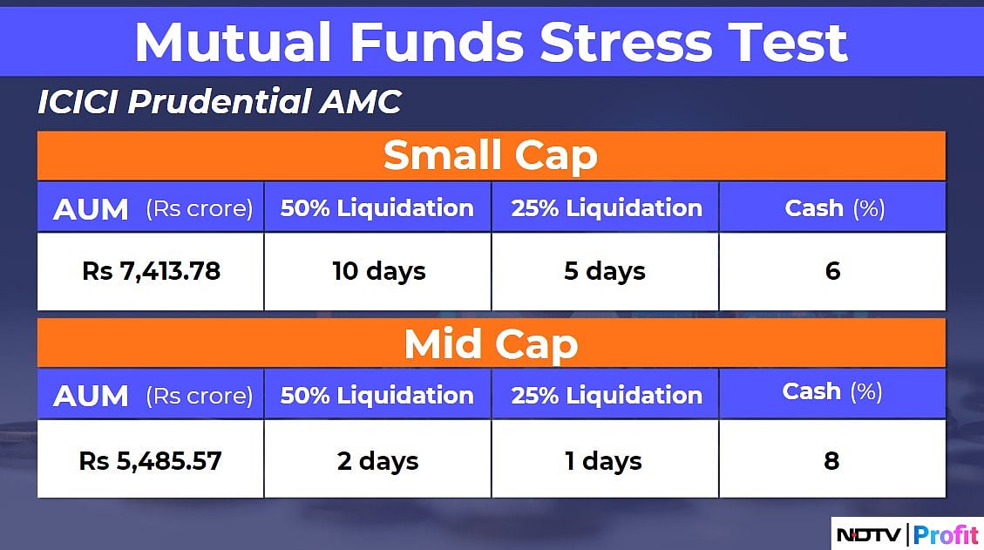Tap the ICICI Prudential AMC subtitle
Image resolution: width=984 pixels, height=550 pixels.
click(x=219, y=103)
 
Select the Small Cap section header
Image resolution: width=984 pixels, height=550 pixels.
click(x=491, y=156)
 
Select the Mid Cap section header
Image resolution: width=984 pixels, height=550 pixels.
click(x=491, y=344)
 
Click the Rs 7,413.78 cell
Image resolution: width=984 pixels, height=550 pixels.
click(x=151, y=271)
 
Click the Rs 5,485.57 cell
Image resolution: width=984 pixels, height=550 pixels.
click(x=151, y=460)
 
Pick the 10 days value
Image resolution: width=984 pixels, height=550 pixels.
click(x=378, y=271)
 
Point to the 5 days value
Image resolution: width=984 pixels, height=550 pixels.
click(x=605, y=271)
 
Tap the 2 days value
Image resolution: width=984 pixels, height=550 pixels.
click(x=378, y=460)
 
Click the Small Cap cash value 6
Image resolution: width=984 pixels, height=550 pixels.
click(x=832, y=271)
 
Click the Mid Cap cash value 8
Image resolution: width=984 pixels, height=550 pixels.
click(x=831, y=460)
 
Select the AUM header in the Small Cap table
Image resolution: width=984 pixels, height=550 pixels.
click(x=91, y=209)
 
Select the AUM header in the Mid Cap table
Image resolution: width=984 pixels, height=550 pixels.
click(x=91, y=396)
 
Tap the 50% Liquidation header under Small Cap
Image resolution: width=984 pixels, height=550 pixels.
click(x=377, y=208)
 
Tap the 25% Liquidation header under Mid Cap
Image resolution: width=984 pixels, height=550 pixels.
click(x=607, y=396)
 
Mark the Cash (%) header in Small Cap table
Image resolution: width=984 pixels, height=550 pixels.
click(x=832, y=208)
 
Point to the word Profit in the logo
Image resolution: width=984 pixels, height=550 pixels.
click(x=945, y=533)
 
